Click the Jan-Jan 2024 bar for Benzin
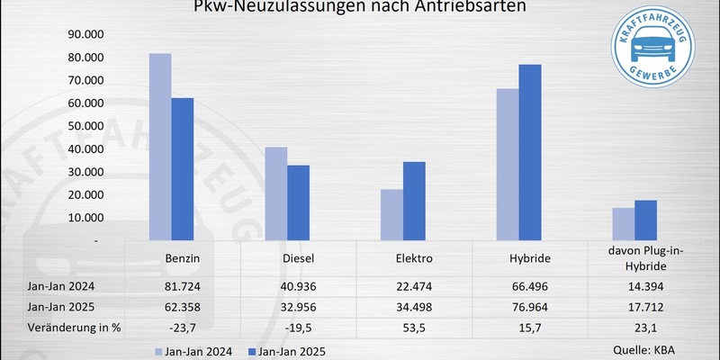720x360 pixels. click(x=159, y=148)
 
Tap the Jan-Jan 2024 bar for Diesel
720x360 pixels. click(x=275, y=194)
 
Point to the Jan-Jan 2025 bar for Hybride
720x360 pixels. click(x=531, y=153)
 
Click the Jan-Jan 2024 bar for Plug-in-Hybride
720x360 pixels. click(x=624, y=224)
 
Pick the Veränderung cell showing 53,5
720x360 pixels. click(x=415, y=326)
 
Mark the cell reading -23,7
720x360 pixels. click(x=183, y=326)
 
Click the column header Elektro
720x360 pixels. click(x=415, y=258)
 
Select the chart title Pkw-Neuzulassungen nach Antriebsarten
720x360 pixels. click(x=360, y=8)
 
